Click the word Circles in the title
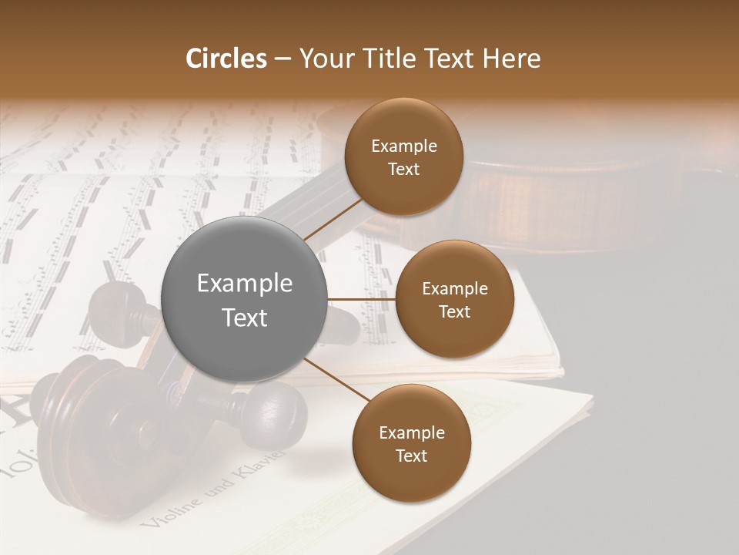pos(226,59)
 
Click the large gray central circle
pos(245,299)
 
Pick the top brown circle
pos(403,157)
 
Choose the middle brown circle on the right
pos(454,299)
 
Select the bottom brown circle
pos(411,443)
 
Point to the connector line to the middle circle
pos(362,299)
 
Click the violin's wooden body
pos(539,200)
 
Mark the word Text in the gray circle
pos(245,318)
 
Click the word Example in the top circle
pos(403,146)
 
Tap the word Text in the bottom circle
pos(411,456)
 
